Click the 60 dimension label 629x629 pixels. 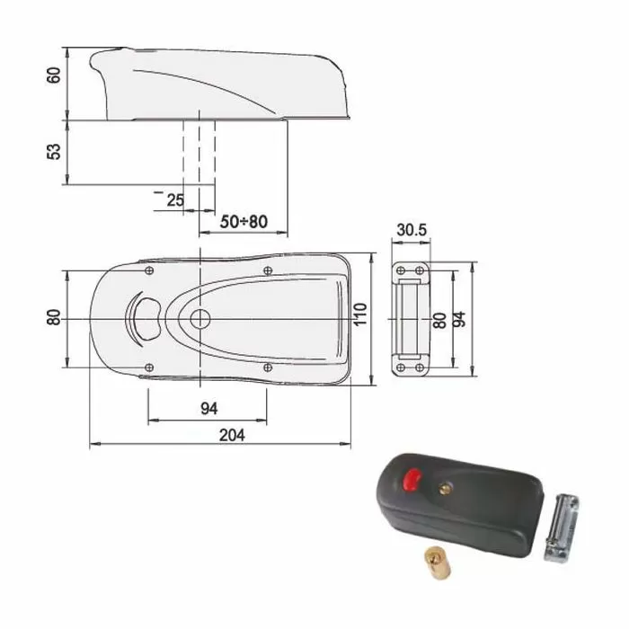[x=54, y=75]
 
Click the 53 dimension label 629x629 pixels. [x=54, y=152]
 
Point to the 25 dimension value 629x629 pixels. [x=175, y=200]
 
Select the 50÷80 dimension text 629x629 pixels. [x=244, y=221]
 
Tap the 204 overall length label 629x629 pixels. [x=232, y=435]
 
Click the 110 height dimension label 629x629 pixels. [x=360, y=314]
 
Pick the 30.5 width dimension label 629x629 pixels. [x=412, y=230]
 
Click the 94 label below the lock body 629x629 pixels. [x=209, y=408]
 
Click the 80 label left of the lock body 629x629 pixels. [x=54, y=317]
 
